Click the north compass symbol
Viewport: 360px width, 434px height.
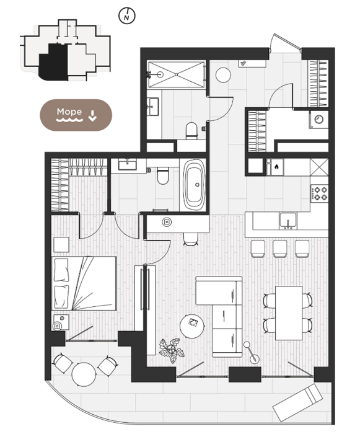(127, 15)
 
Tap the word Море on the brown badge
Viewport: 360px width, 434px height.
(69, 112)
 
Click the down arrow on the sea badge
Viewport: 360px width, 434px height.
(92, 116)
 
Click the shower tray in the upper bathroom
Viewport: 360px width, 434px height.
(176, 74)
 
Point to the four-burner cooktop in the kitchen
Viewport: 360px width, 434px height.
(319, 193)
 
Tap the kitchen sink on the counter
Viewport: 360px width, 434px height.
(288, 221)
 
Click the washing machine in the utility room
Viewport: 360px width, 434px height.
(318, 119)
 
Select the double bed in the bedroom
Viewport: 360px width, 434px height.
(84, 283)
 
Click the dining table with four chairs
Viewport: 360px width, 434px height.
(289, 313)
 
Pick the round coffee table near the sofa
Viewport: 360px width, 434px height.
(192, 325)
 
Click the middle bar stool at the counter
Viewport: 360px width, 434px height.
(279, 249)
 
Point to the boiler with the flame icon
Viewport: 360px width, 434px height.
(276, 167)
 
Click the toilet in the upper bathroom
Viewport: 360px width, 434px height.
(191, 131)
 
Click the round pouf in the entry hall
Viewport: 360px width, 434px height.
(223, 75)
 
